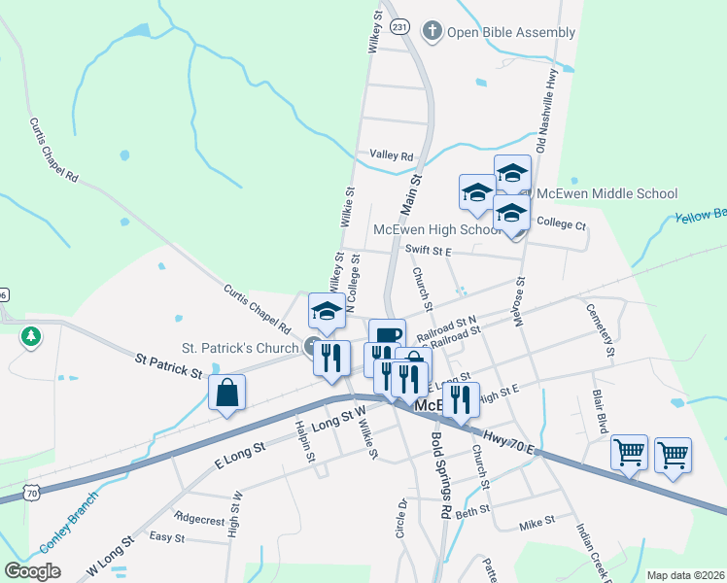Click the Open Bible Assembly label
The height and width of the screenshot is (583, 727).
click(x=510, y=32)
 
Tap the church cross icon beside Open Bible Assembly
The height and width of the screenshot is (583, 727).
click(x=433, y=31)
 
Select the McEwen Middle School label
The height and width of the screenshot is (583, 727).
click(x=606, y=193)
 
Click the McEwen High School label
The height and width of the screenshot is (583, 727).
click(x=437, y=230)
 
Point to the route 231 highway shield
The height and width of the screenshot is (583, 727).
click(x=399, y=29)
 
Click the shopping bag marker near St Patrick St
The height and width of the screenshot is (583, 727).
click(x=226, y=393)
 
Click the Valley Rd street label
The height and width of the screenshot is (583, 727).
click(x=392, y=155)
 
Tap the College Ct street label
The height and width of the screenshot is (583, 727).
click(x=562, y=224)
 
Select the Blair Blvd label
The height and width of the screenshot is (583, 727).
click(x=601, y=412)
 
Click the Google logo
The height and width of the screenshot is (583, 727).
click(x=32, y=571)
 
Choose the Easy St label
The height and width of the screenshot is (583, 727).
click(x=167, y=536)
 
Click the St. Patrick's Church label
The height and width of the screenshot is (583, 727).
click(x=239, y=347)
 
